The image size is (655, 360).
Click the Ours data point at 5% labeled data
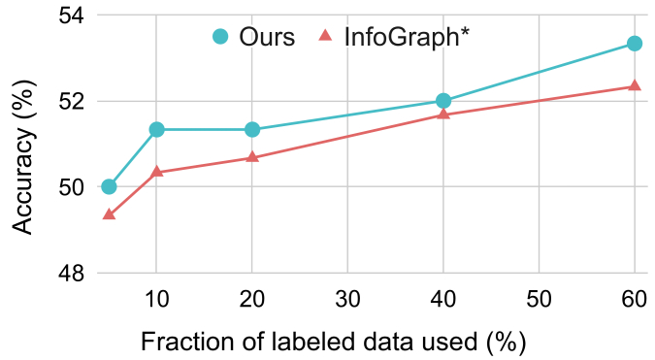point(109,186)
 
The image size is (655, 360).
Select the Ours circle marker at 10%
point(156,129)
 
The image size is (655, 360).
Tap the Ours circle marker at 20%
point(252,129)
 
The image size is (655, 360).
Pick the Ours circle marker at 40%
point(443,101)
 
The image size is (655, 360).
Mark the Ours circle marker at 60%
point(635,44)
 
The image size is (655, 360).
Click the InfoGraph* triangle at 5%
point(109,214)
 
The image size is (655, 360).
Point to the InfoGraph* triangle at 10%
point(156,172)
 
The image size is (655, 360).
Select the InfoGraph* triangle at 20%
point(252,157)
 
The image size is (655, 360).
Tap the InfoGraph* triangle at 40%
point(443,115)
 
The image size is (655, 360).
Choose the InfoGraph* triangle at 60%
point(635,85)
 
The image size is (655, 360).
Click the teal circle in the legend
point(219,37)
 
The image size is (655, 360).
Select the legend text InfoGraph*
point(408,37)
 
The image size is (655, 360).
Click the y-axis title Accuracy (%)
point(26,145)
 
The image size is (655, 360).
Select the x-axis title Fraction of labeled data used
point(334,342)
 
